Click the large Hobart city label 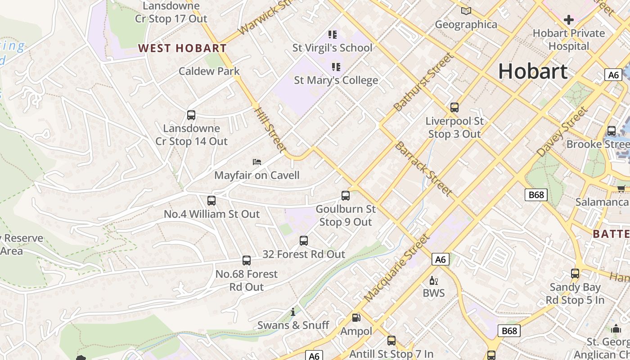tap(533, 72)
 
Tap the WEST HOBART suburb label tap(182, 48)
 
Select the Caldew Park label tap(209, 71)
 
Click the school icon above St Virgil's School tap(333, 34)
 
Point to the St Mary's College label tap(336, 81)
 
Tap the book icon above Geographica tap(466, 11)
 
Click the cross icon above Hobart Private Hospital tap(568, 20)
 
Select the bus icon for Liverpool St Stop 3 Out tap(454, 108)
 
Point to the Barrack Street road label tap(423, 169)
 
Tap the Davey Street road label tap(562, 131)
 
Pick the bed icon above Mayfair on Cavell tap(256, 162)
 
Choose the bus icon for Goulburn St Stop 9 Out tap(346, 196)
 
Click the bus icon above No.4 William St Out tap(211, 201)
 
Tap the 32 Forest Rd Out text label tap(304, 254)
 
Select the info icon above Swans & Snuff tap(293, 312)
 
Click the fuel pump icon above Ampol tap(356, 318)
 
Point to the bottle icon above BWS tap(433, 281)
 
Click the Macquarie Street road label tap(397, 268)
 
